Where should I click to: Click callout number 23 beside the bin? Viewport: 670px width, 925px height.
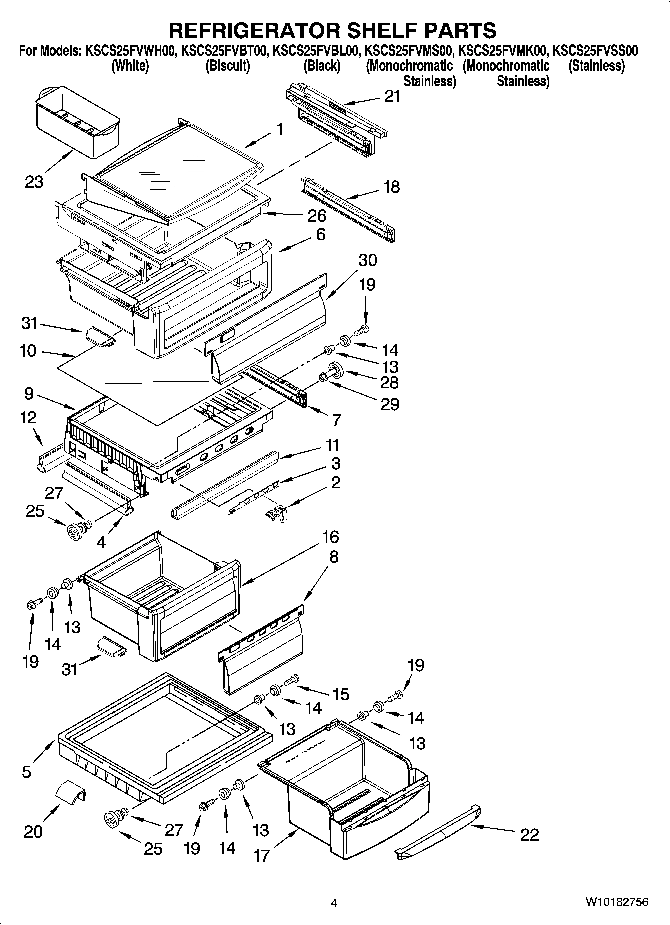34,181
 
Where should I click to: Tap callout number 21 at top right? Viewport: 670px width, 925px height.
393,96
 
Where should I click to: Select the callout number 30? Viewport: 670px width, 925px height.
368,260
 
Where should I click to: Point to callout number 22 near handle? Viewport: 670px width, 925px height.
529,834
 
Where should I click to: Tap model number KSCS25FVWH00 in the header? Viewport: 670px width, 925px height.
130,50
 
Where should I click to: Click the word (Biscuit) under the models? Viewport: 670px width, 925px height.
228,66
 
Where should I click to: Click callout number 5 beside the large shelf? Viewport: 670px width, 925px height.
27,771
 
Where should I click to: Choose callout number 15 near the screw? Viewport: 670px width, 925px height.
341,694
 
